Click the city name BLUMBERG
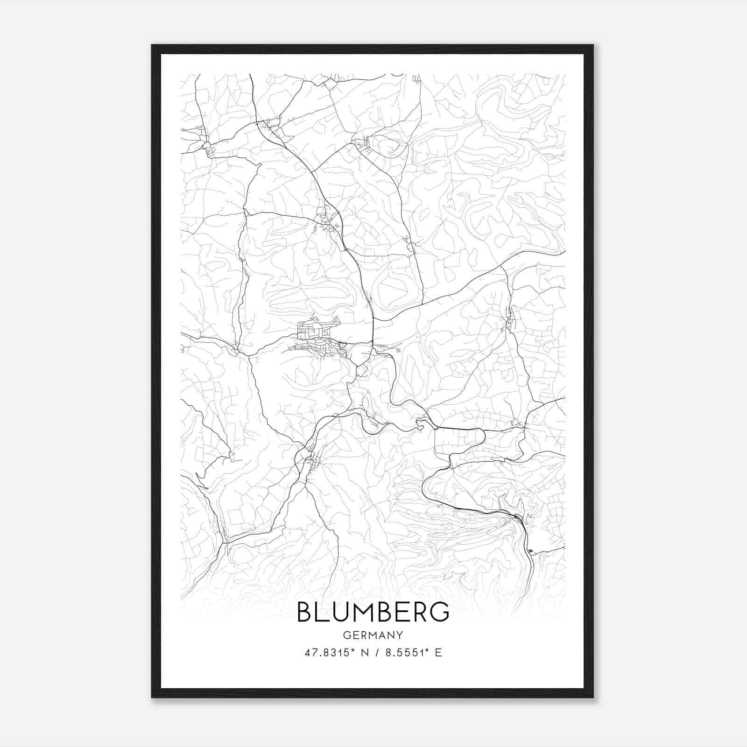pos(373,612)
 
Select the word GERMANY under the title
pos(373,635)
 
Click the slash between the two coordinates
pos(376,653)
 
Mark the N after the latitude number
pos(365,653)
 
